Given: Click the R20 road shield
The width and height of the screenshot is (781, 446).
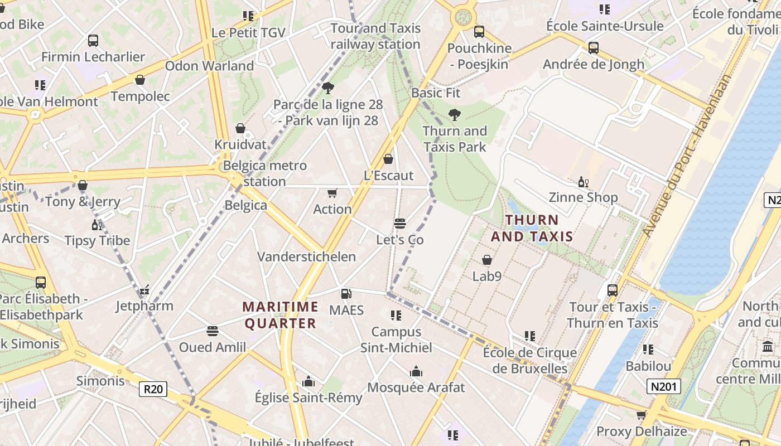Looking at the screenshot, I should tap(153, 389).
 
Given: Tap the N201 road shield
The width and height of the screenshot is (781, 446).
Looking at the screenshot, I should tap(664, 386).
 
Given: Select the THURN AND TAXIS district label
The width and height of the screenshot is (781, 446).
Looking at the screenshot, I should tap(532, 228).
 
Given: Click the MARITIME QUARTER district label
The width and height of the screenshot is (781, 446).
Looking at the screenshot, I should tap(281, 315).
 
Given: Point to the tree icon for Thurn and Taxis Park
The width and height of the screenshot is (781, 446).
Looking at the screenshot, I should tap(455, 115).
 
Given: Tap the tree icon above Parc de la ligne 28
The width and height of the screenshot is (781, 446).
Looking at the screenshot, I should tap(328, 88).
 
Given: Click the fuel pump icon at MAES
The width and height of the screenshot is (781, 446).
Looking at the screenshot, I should tap(346, 293).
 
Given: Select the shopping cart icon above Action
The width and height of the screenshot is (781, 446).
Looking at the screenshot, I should tap(332, 193).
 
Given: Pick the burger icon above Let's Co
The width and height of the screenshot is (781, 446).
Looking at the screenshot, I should tap(399, 224).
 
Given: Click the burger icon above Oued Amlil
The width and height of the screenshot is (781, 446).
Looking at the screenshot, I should tap(212, 331).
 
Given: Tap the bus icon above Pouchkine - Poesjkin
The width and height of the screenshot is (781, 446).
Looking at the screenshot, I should tap(479, 32).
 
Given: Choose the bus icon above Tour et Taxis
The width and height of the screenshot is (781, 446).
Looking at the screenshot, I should tap(613, 290).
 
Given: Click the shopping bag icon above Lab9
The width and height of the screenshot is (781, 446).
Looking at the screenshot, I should tap(487, 260).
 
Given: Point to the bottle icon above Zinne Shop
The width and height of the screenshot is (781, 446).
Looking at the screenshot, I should tap(583, 182).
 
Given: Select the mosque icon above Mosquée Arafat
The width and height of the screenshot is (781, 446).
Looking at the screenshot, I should tap(416, 371).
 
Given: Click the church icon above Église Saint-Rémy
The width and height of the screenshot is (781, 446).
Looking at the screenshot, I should tap(308, 381).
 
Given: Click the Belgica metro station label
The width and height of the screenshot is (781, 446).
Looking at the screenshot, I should tap(264, 173).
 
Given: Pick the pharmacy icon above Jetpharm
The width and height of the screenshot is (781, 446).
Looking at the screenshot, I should tap(144, 290).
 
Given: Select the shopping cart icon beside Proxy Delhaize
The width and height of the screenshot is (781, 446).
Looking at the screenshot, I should tap(641, 415).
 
